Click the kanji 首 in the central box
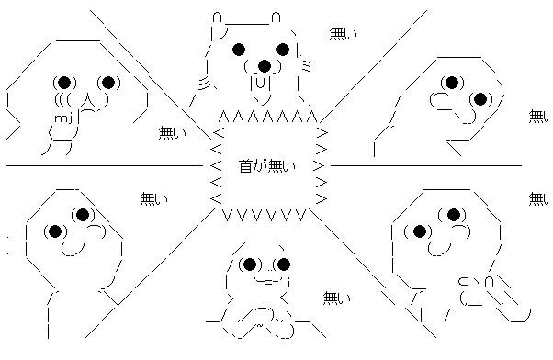(x=246, y=165)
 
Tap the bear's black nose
(x=265, y=66)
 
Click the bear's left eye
(x=239, y=50)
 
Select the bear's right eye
(x=283, y=50)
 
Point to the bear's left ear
(x=218, y=17)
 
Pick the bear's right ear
(x=276, y=17)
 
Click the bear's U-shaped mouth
(x=260, y=83)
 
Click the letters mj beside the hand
(x=63, y=118)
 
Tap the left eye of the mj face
(x=64, y=83)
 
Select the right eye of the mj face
(x=108, y=83)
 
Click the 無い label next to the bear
(x=344, y=33)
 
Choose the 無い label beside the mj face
(x=173, y=133)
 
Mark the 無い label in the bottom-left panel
(x=154, y=199)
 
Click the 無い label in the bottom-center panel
(x=337, y=298)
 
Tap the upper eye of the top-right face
(x=452, y=83)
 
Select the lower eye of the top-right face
(x=480, y=99)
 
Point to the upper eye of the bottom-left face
(x=83, y=215)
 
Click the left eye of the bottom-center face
(x=250, y=264)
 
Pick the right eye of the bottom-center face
(x=284, y=264)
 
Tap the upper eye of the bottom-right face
(x=454, y=215)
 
